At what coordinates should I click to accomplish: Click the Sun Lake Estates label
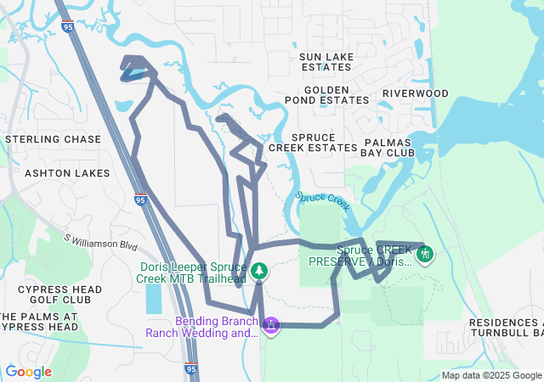(326, 61)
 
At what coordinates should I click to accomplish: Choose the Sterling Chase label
(53, 139)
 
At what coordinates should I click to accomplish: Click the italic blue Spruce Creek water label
(324, 202)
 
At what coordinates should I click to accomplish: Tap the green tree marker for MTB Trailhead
(258, 272)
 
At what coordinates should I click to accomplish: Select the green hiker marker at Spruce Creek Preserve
(426, 253)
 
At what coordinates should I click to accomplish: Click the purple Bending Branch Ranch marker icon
(270, 324)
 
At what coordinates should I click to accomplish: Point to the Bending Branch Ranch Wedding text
(217, 328)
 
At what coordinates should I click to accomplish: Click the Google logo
(28, 372)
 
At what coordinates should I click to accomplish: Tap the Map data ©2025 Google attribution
(491, 375)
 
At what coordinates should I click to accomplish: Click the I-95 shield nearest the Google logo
(191, 369)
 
